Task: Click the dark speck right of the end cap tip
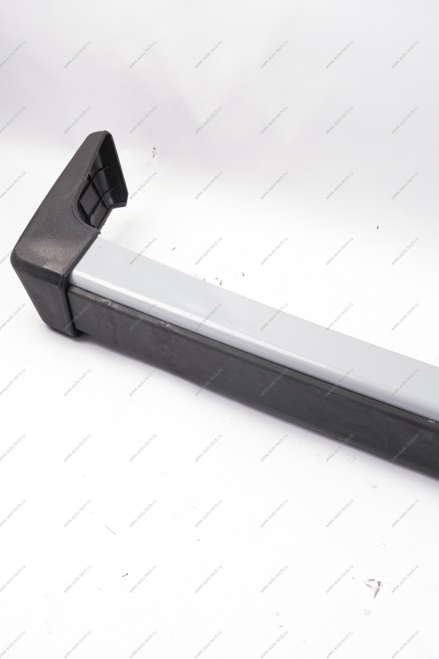click(154, 152)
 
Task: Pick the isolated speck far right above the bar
click(378, 227)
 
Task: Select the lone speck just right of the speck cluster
click(242, 273)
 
